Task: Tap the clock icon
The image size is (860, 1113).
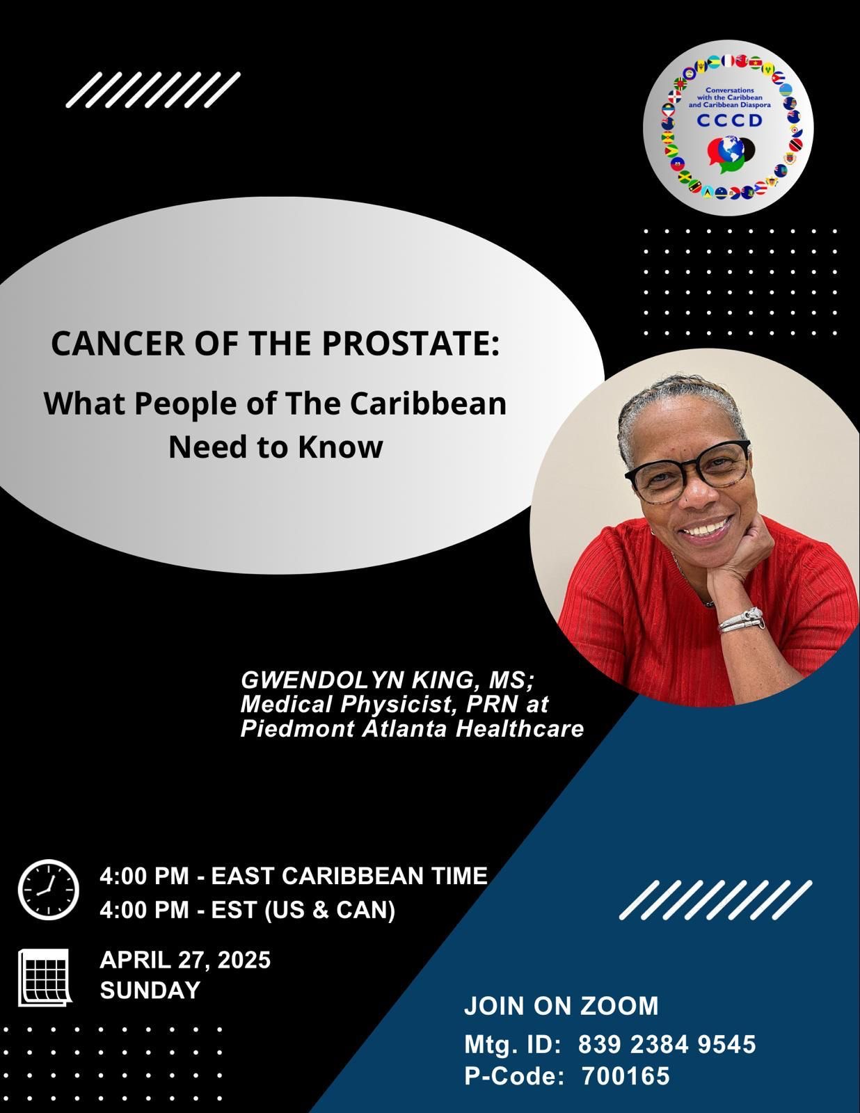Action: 49,890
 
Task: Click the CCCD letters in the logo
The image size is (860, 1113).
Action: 729,120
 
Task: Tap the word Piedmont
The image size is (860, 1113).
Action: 298,728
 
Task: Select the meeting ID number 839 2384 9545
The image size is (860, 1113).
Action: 667,1044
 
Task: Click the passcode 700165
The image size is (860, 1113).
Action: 626,1075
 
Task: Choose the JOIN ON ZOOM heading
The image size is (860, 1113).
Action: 562,1006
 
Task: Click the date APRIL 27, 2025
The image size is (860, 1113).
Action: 185,959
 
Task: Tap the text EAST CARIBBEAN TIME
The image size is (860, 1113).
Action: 349,875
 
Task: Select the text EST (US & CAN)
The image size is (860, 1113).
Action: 303,910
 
